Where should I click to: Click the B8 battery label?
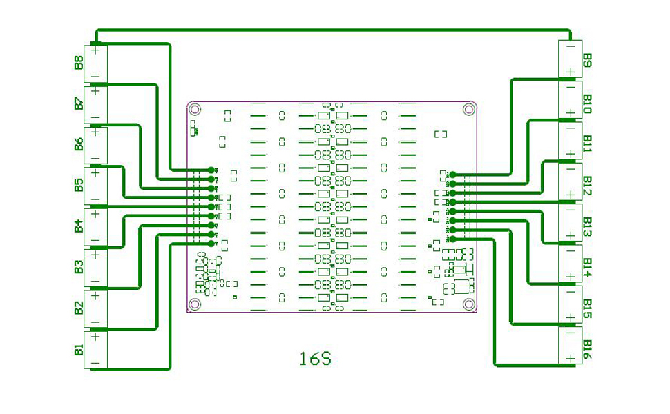click(79, 63)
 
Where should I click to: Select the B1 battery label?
click(79, 351)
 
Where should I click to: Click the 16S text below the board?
click(316, 359)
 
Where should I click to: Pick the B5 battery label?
click(79, 186)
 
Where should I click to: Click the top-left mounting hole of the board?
click(195, 109)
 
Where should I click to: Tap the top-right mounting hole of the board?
click(469, 108)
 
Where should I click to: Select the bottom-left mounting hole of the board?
click(195, 304)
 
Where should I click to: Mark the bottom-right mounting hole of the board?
click(469, 304)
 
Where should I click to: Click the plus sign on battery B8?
click(95, 49)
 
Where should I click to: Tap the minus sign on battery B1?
click(95, 364)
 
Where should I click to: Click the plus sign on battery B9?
click(571, 71)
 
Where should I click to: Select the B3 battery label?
click(79, 268)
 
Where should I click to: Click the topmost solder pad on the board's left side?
click(211, 170)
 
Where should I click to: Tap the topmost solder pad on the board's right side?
click(452, 175)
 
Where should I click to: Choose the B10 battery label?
click(587, 104)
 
